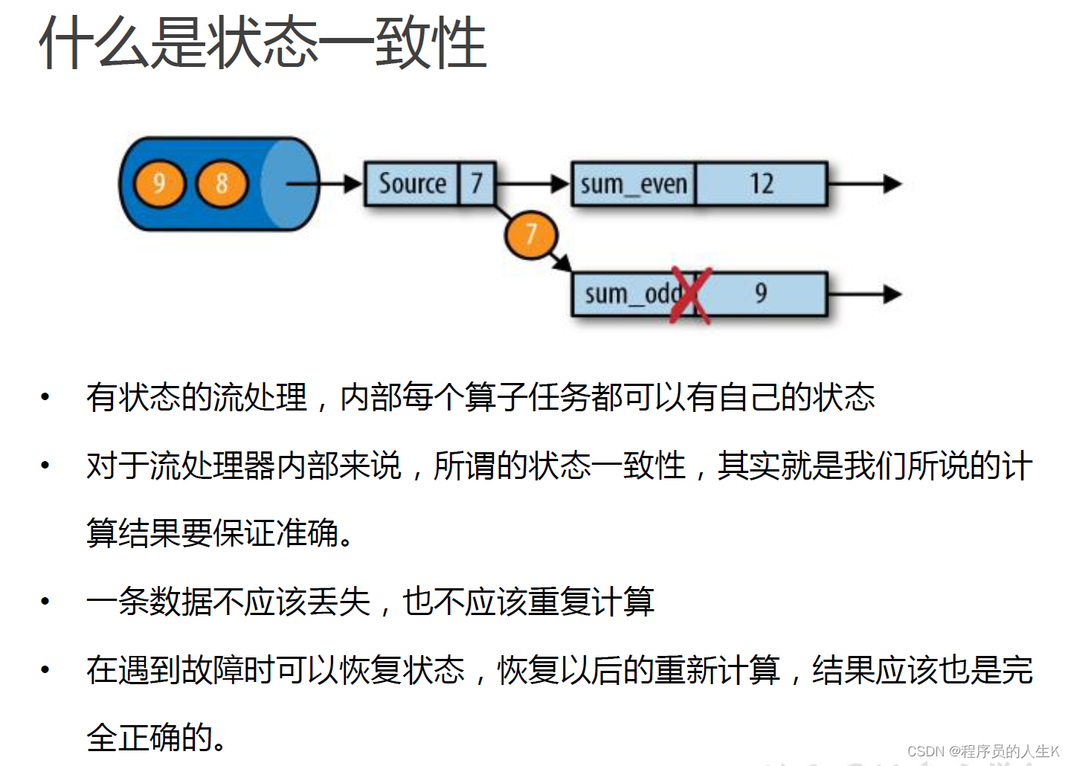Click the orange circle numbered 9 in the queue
coord(158,184)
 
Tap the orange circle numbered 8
coord(221,184)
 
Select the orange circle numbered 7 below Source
coord(530,235)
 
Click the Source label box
coord(411,184)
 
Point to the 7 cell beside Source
coord(477,184)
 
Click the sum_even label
coord(633,184)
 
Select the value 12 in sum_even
coord(761,184)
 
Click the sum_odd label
coord(631,294)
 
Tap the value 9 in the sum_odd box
coord(761,294)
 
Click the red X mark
coord(691,295)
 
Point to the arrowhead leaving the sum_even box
coord(892,184)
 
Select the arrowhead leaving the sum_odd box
coord(892,295)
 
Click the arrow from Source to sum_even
coord(532,184)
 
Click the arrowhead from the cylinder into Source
coord(353,184)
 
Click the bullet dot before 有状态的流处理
coord(45,397)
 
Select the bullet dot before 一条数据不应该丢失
coord(45,601)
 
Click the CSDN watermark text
coord(982,751)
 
